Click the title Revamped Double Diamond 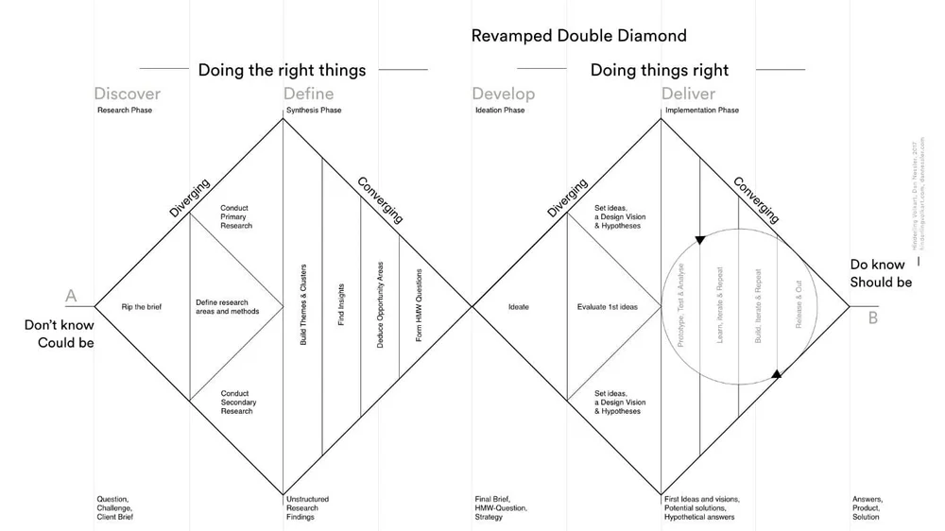point(578,36)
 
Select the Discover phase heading point(127,94)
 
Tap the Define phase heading point(308,94)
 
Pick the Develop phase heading point(503,94)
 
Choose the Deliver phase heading point(688,94)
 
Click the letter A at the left point(71,297)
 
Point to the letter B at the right point(873,317)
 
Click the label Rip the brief point(141,307)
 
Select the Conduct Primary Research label point(236,217)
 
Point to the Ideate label point(519,307)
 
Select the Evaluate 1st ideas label point(608,307)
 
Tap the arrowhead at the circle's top point(700,239)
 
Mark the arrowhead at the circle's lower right point(777,374)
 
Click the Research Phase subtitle point(125,111)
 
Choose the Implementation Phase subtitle point(702,111)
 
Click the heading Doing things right point(660,70)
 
